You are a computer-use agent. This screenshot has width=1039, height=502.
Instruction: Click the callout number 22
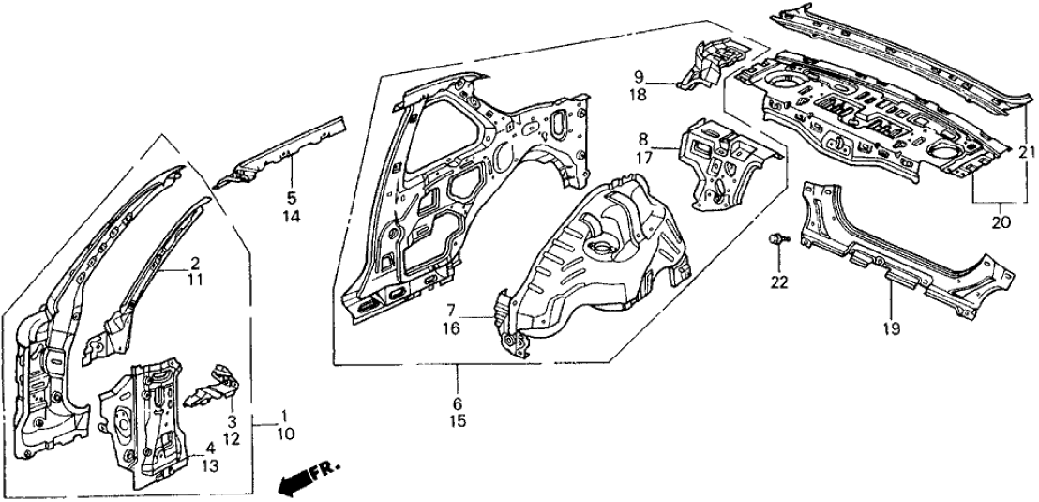coord(780,281)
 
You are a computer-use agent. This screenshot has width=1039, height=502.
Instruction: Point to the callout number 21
coord(1025,153)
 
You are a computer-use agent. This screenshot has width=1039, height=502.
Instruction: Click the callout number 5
coord(291,198)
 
